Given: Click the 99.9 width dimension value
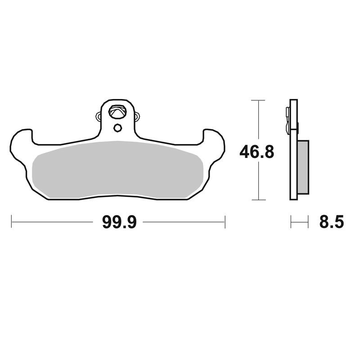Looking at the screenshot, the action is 119,222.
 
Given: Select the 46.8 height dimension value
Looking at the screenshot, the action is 256,152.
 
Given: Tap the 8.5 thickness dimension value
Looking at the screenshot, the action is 332,222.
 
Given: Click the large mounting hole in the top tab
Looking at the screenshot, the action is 118,112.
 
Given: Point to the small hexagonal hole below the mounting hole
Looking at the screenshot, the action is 117,128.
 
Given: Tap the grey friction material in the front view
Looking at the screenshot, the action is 117,170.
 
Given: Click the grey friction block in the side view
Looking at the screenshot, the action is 303,167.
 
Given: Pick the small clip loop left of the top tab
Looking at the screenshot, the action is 98,117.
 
